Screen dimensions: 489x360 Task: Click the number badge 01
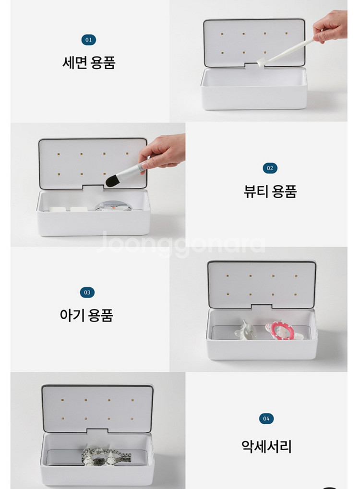pyautogui.click(x=88, y=40)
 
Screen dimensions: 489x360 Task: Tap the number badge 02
pyautogui.click(x=270, y=168)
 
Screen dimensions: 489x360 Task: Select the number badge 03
pyautogui.click(x=87, y=292)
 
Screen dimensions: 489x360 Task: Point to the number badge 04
pyautogui.click(x=266, y=419)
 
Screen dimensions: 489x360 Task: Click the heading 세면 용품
pyautogui.click(x=89, y=63)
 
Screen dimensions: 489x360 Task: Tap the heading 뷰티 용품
pyautogui.click(x=270, y=191)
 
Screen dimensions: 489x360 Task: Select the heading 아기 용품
pyautogui.click(x=87, y=315)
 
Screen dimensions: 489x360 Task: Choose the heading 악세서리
pyautogui.click(x=266, y=446)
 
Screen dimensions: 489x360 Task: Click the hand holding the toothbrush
pyautogui.click(x=331, y=26)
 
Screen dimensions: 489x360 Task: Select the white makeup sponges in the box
pyautogui.click(x=70, y=210)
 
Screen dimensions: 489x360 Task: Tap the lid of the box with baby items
pyautogui.click(x=262, y=283)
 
